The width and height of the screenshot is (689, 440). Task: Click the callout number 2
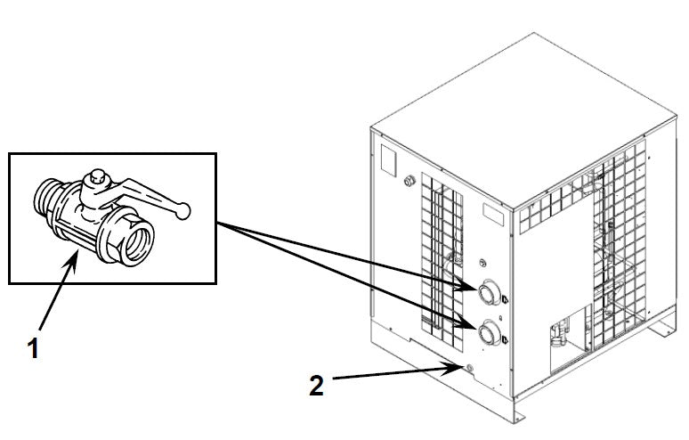tap(315, 386)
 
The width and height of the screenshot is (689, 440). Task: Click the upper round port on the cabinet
tap(488, 293)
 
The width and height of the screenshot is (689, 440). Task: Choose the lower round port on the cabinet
tap(488, 334)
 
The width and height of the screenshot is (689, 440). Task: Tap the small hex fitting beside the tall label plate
tap(409, 181)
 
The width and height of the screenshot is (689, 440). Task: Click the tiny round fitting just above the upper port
tap(482, 264)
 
